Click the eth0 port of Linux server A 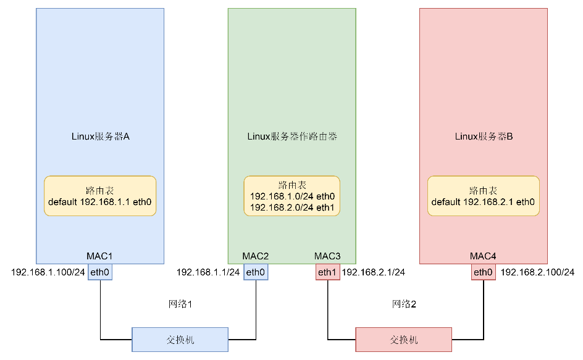(100, 272)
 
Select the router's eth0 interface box (255, 272)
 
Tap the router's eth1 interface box (327, 272)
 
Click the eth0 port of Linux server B (483, 272)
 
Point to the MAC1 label (100, 256)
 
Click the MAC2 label (255, 256)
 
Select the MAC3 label (327, 256)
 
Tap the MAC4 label (483, 256)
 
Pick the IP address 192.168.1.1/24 (208, 272)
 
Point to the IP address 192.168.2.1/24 (374, 272)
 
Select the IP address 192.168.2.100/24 (537, 272)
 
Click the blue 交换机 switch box (180, 340)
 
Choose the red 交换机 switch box (404, 340)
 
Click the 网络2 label (405, 304)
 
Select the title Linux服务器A (100, 136)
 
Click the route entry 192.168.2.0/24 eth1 (292, 207)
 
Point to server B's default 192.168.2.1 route (483, 202)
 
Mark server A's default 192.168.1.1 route (100, 202)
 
